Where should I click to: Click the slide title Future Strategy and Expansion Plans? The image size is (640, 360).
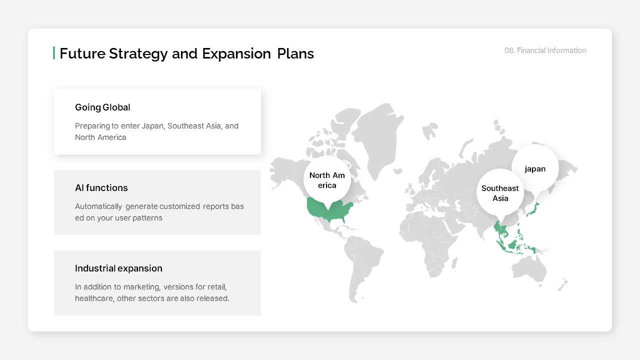tap(186, 53)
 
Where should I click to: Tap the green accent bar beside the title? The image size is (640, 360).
tap(54, 53)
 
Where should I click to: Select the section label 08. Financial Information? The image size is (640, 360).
tap(545, 50)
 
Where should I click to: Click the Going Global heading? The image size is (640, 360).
tap(102, 107)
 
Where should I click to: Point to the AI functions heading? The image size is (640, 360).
tap(101, 188)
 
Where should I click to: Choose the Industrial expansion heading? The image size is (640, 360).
tap(118, 268)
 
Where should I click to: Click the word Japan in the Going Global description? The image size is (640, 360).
tap(152, 126)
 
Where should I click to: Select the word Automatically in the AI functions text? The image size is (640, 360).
tap(98, 206)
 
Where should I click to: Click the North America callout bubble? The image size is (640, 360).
tap(327, 180)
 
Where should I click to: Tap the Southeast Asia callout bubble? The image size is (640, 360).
tap(500, 193)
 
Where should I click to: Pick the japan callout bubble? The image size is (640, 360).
tap(535, 169)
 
